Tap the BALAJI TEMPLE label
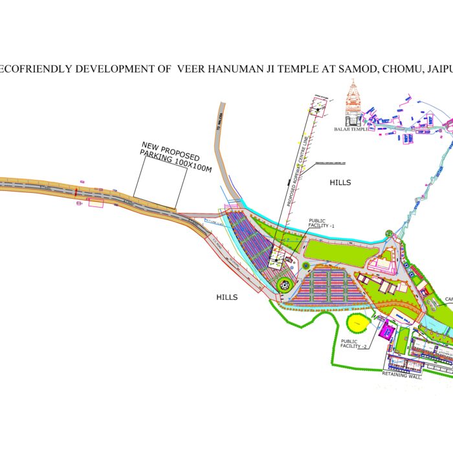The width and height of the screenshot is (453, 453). [351, 129]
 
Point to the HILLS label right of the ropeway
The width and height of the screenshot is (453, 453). [339, 182]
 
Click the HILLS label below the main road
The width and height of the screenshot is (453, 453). [226, 297]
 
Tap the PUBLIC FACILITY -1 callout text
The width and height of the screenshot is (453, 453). [322, 223]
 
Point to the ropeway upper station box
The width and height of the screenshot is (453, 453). [318, 111]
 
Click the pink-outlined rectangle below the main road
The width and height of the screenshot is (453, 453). [96, 203]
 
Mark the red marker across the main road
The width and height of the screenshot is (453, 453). [76, 192]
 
